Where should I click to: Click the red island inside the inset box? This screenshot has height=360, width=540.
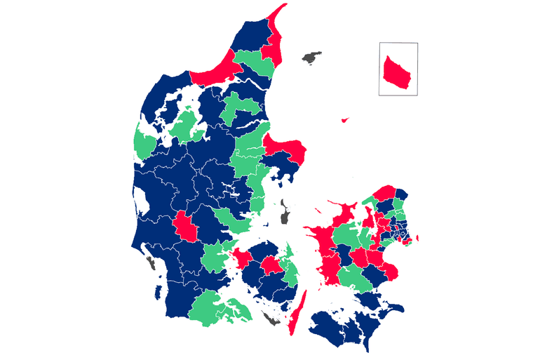point(398,71)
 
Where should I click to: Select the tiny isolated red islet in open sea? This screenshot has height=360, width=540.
point(344,120)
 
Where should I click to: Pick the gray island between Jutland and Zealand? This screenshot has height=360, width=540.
point(285,211)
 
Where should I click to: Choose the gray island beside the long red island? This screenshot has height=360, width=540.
point(270,320)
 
